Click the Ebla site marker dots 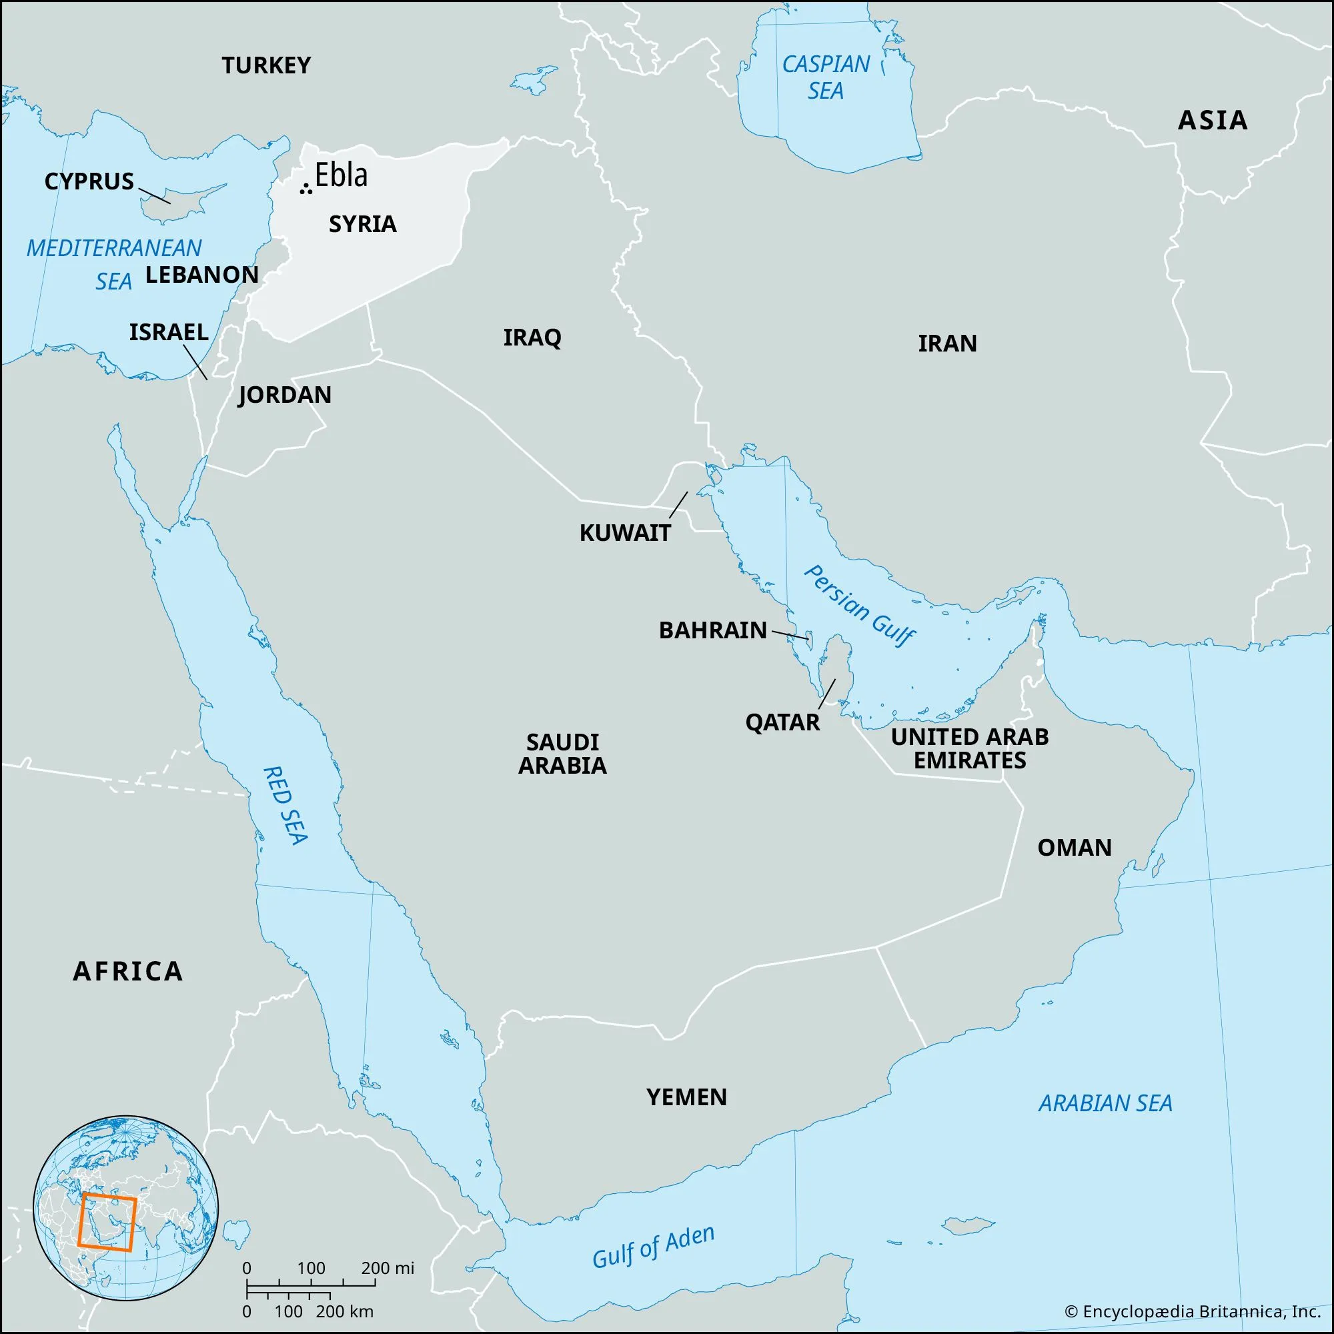click(305, 189)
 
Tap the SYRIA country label click(362, 224)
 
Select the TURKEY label click(266, 65)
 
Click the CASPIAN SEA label click(826, 77)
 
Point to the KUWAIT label click(625, 533)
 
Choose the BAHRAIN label click(712, 630)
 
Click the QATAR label click(782, 723)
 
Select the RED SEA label click(285, 804)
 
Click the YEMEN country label click(686, 1097)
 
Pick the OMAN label click(1075, 848)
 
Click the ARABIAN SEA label click(1105, 1103)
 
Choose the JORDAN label click(285, 395)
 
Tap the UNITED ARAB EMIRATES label click(969, 748)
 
